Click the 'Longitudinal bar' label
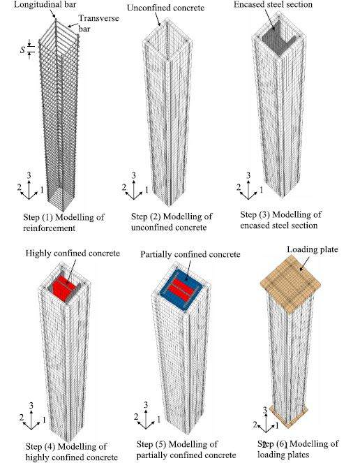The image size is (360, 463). click(x=45, y=4)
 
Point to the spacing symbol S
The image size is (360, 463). click(x=23, y=50)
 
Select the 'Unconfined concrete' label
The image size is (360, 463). click(x=165, y=8)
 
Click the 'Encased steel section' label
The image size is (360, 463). click(x=273, y=4)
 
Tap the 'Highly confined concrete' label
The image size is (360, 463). click(x=73, y=253)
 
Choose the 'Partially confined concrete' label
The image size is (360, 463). click(x=190, y=254)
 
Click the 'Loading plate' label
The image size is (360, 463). click(x=312, y=249)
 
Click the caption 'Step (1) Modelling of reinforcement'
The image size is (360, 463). click(x=63, y=223)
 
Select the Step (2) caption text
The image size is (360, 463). click(x=172, y=222)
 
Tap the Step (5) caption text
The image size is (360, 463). click(x=186, y=450)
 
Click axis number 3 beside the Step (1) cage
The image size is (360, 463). click(x=29, y=176)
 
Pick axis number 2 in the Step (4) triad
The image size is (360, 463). click(x=21, y=418)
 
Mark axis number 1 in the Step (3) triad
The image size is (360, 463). click(x=261, y=189)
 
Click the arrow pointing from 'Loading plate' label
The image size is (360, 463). click(x=304, y=263)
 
